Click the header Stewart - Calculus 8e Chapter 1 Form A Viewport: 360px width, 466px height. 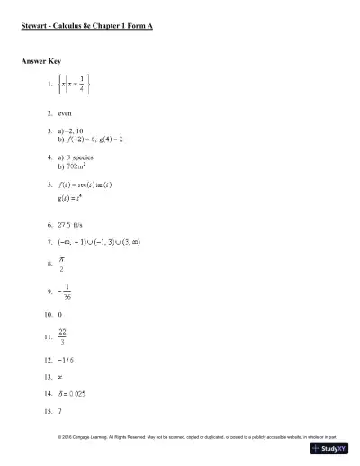click(x=86, y=27)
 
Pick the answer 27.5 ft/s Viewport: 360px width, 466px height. click(x=74, y=222)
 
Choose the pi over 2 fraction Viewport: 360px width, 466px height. click(x=61, y=264)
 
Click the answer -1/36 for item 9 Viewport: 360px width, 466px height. click(x=61, y=291)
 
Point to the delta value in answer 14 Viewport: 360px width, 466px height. click(x=74, y=393)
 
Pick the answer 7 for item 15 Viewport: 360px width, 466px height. click(x=59, y=410)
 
